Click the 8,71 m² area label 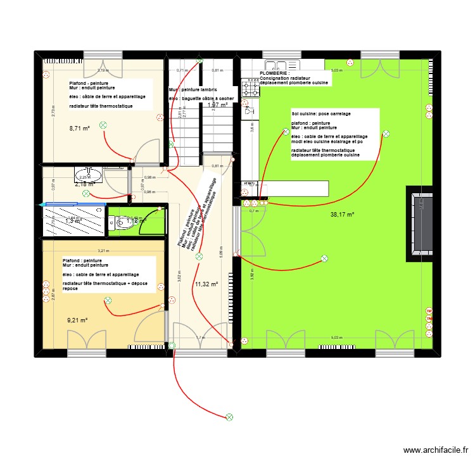[x=79, y=128]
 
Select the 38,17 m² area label [x=342, y=215]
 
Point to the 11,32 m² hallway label [x=206, y=284]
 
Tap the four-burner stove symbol [x=250, y=90]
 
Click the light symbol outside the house [x=229, y=417]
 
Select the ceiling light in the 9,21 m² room [x=107, y=301]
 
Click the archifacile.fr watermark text [x=435, y=451]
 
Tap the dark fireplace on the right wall [x=420, y=224]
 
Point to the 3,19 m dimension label [x=103, y=70]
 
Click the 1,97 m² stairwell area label [x=217, y=105]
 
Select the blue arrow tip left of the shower [x=41, y=205]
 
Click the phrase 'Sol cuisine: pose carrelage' [x=321, y=113]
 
